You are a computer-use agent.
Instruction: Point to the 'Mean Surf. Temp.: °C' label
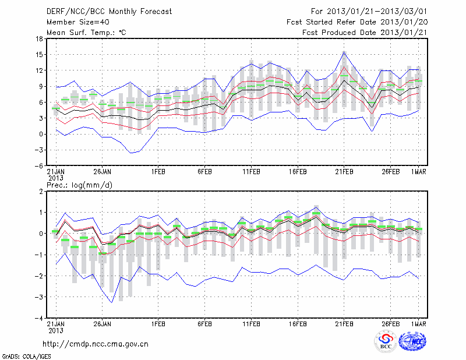click(x=86, y=33)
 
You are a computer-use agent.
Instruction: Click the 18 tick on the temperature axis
click(x=38, y=39)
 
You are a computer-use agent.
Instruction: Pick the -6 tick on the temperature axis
click(x=38, y=165)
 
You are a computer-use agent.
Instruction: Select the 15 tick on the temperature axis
click(x=38, y=55)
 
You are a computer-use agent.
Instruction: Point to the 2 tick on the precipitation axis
click(x=40, y=192)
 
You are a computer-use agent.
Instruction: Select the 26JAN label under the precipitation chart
click(x=102, y=324)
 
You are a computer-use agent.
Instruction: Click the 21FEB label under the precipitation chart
click(x=344, y=324)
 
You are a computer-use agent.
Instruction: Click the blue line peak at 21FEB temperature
click(x=344, y=52)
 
